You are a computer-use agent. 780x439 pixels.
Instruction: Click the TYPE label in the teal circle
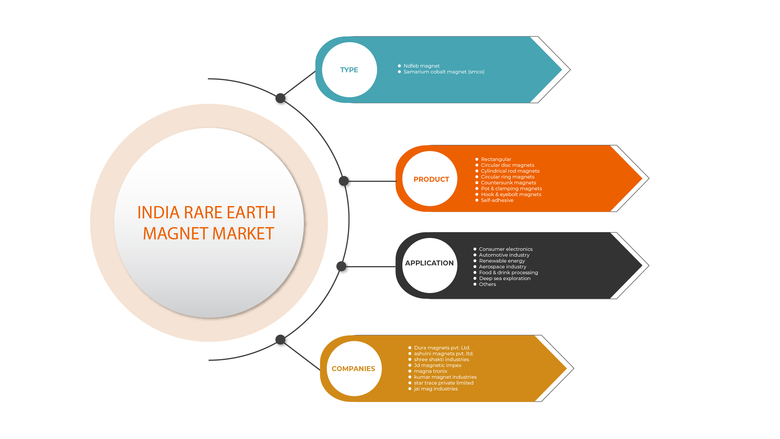click(x=349, y=70)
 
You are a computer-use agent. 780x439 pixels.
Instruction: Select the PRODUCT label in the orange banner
click(x=431, y=179)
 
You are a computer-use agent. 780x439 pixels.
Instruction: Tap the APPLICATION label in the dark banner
click(x=429, y=263)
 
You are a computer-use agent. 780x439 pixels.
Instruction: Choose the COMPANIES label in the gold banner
click(x=353, y=369)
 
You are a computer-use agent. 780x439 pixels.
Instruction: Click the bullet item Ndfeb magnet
click(x=421, y=66)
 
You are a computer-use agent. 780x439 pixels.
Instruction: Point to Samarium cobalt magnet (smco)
click(x=444, y=72)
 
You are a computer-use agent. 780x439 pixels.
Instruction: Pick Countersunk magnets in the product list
click(x=508, y=183)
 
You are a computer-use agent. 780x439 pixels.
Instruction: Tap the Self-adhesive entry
click(x=497, y=200)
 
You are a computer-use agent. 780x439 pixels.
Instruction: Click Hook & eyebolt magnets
click(x=511, y=195)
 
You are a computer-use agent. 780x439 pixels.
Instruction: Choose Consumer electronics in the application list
click(x=505, y=249)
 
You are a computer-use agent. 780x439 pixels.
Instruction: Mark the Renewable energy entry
click(x=502, y=261)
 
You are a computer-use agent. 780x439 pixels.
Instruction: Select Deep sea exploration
click(x=504, y=278)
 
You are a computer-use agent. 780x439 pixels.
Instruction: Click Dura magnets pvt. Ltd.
click(x=442, y=348)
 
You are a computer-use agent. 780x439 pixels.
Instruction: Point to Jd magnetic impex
click(x=438, y=365)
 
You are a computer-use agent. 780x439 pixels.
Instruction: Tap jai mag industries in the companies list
click(x=436, y=389)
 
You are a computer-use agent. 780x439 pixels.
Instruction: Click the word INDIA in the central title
click(x=158, y=212)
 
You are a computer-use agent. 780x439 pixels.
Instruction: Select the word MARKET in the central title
click(x=243, y=234)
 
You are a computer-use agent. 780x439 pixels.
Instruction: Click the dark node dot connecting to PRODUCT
click(x=344, y=181)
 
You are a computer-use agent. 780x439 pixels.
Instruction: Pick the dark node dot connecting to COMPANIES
click(x=280, y=339)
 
